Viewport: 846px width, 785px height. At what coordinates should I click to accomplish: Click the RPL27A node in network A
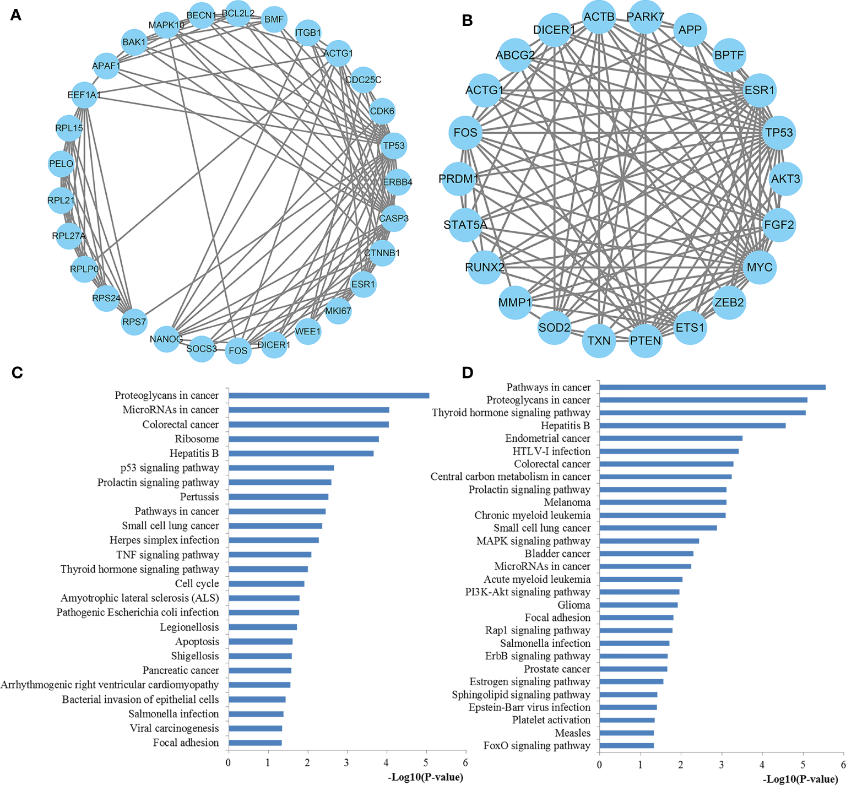coord(69,236)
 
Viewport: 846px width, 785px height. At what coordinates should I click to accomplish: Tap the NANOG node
coord(166,339)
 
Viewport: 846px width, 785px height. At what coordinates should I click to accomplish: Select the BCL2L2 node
coord(238,13)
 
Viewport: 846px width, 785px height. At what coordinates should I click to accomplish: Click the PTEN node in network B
coord(645,341)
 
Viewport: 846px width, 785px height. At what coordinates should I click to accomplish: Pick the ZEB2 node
coord(729,302)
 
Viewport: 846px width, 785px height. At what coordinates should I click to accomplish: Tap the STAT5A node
coord(465,225)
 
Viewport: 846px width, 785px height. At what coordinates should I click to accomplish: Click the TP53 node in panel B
coord(779,133)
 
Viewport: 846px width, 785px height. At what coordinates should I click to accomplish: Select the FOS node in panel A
coord(238,351)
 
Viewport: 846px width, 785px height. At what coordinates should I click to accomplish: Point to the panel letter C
coord(17,373)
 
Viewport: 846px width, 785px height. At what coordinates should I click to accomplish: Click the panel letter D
coord(468,373)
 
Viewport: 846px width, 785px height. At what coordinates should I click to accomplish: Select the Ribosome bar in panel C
coord(303,439)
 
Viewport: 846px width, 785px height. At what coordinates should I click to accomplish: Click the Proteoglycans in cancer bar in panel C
coord(329,396)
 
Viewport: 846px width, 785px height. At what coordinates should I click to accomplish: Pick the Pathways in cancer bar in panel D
coord(712,387)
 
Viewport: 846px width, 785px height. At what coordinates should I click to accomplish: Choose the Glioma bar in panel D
coord(638,605)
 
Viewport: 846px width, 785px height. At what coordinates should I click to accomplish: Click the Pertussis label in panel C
coord(199,497)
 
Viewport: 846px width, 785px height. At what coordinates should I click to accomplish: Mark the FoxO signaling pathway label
coord(536,746)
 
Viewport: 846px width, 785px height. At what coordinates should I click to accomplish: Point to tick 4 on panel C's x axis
coord(387,763)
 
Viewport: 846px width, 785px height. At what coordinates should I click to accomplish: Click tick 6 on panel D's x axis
coord(843,765)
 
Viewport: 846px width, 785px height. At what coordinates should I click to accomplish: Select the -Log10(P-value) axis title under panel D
coord(800,779)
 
